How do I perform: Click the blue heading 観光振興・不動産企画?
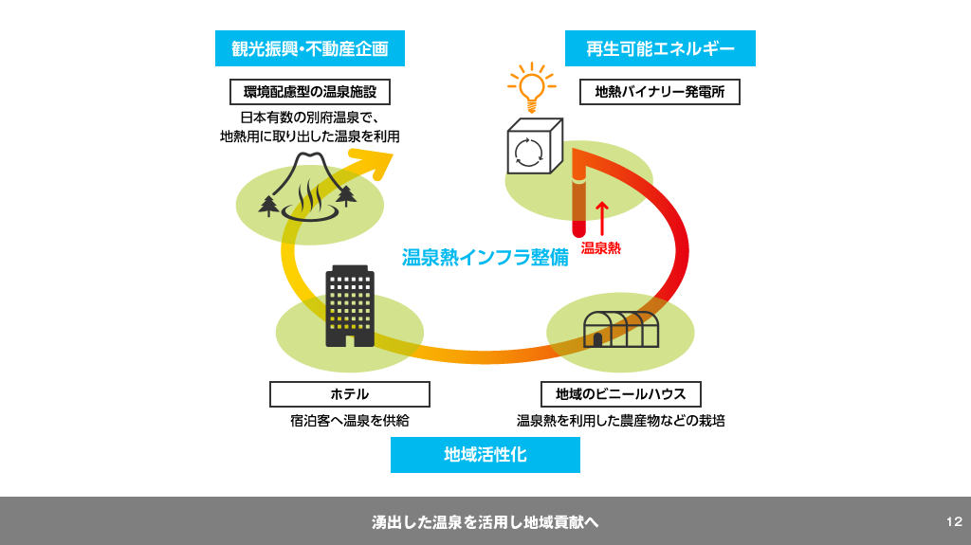coord(310,48)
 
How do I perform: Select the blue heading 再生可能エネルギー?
coord(660,48)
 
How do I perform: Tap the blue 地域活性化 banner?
coord(485,455)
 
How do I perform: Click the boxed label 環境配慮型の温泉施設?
coord(310,92)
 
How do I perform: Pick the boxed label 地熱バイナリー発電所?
coord(660,92)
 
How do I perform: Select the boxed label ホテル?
coord(349,394)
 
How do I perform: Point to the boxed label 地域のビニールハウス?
coord(621,394)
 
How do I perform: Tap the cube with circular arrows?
coord(533,148)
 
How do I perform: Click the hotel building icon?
coord(350,305)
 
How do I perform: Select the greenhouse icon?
coord(621,328)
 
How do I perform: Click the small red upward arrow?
coord(600,217)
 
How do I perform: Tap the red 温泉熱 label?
coord(601,248)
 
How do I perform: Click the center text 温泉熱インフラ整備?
coord(485,257)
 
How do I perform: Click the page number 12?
coord(954,521)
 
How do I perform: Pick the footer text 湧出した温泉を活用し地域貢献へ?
coord(485,522)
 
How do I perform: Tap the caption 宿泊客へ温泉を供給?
coord(349,420)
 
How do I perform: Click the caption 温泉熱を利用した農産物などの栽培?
coord(620,420)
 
